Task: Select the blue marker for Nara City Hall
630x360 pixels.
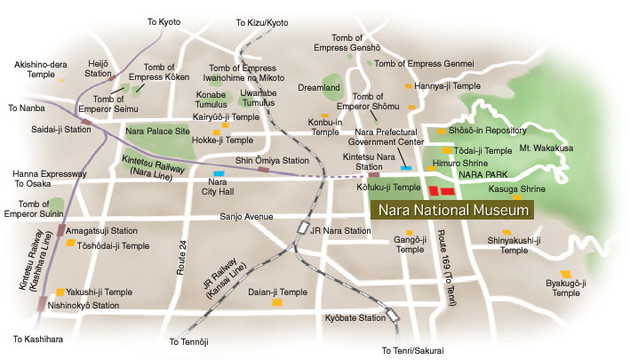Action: pyautogui.click(x=219, y=173)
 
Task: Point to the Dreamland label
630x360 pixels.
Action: pyautogui.click(x=320, y=88)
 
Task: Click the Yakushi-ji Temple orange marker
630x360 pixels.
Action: pyautogui.click(x=60, y=292)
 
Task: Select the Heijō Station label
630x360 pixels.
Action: pyautogui.click(x=98, y=68)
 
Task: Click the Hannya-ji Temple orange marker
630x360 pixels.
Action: pyautogui.click(x=410, y=86)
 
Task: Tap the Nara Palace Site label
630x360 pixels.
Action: pyautogui.click(x=159, y=132)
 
